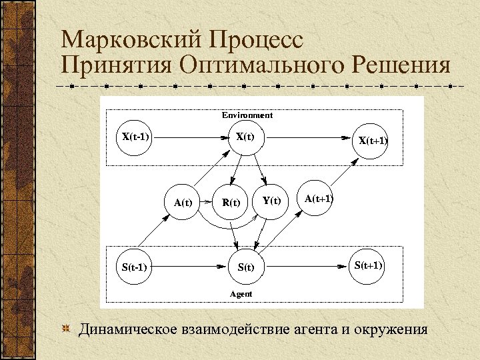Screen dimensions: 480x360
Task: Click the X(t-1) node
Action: [x=135, y=138]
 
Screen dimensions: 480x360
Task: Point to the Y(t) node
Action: [x=272, y=200]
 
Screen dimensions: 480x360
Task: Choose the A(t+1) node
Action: [x=319, y=199]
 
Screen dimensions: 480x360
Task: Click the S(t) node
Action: [x=246, y=268]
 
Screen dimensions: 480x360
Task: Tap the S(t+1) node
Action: [x=369, y=265]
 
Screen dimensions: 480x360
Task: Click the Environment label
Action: [x=247, y=115]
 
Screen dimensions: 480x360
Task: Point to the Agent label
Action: [x=241, y=293]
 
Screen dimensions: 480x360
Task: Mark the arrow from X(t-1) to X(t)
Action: [x=191, y=138]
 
